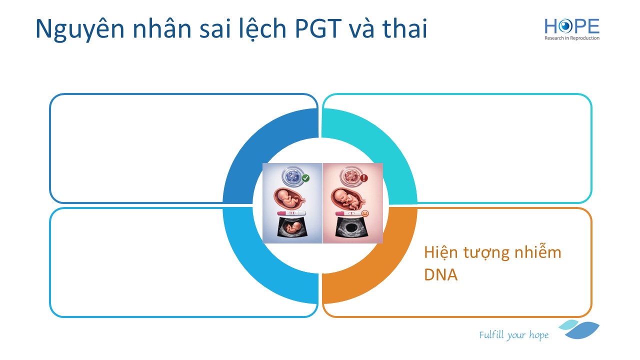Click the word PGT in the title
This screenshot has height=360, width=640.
pos(318,28)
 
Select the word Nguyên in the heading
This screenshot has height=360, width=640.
pos(80,29)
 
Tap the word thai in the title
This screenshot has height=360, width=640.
pos(404,28)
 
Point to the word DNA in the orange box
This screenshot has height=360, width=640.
pos(440,274)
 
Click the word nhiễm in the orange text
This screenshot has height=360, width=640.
pos(537,251)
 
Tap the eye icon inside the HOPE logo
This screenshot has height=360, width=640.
pos(565,26)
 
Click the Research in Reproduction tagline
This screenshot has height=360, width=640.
pos(571,38)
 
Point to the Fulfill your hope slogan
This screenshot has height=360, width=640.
pos(513,335)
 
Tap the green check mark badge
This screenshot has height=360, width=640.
pos(305,178)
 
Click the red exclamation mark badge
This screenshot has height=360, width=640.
pos(363,178)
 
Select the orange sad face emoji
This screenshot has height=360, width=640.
pos(364,213)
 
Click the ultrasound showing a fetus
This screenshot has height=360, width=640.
pos(292,227)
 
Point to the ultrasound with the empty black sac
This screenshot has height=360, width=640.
pos(351,227)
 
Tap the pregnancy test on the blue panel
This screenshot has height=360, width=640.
pos(291,213)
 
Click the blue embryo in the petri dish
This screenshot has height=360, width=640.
pos(292,176)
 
